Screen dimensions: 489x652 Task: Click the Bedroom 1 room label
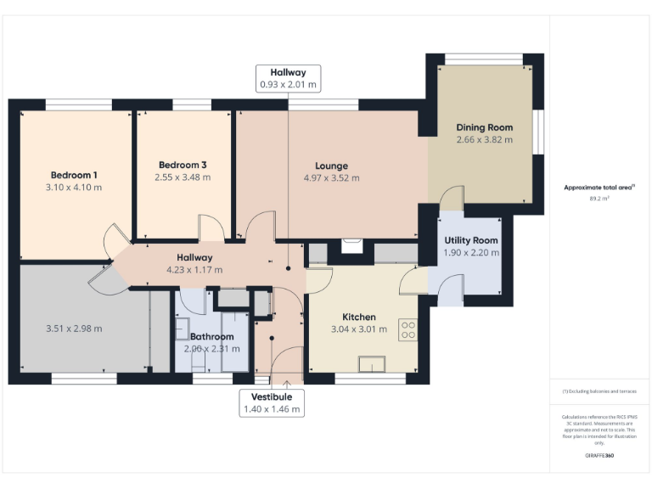point(74,175)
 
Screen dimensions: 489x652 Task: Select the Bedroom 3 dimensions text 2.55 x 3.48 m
point(183,177)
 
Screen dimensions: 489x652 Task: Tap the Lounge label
point(331,166)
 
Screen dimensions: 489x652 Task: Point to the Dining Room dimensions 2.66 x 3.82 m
point(484,140)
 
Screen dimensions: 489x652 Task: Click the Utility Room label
point(471,240)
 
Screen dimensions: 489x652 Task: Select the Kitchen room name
point(358,317)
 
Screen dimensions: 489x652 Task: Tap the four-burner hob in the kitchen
point(407,329)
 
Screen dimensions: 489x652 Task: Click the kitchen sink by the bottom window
point(371,365)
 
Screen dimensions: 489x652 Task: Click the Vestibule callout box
point(271,402)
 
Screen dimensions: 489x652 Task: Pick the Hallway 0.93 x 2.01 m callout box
point(289,78)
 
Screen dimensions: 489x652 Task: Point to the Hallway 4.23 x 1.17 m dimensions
point(194,270)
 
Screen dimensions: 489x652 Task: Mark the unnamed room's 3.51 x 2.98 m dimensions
point(73,329)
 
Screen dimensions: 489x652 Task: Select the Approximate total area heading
point(600,188)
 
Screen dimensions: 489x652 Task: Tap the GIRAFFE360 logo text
point(599,456)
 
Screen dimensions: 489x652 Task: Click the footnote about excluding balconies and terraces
point(599,391)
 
